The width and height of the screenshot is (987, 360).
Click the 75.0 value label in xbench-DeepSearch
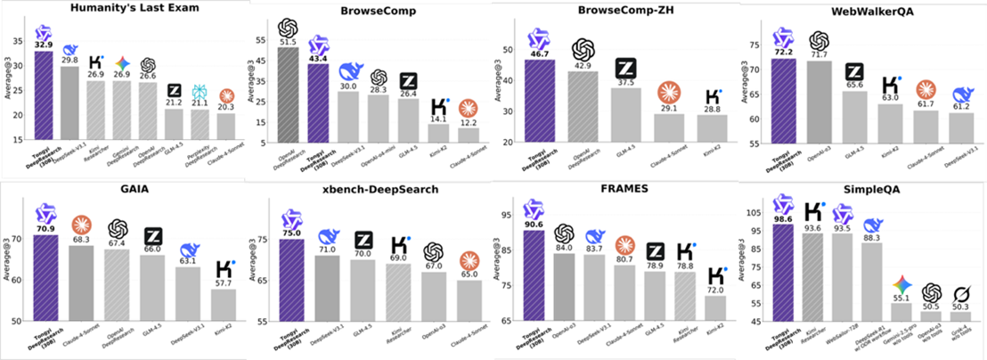[x=291, y=233]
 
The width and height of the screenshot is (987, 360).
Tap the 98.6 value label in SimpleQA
[x=783, y=217]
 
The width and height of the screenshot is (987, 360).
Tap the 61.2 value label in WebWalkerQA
[x=960, y=107]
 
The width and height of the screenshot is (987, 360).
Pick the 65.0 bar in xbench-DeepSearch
[x=467, y=300]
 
